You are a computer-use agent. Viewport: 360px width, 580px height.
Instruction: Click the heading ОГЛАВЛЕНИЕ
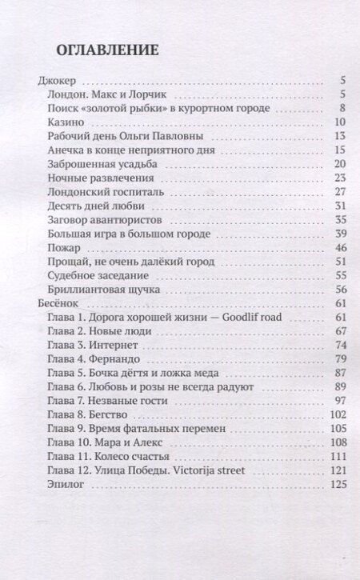(107, 49)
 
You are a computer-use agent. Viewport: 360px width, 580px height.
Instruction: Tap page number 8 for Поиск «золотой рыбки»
(341, 108)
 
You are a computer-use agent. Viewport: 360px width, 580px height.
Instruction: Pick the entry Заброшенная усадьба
(101, 164)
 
